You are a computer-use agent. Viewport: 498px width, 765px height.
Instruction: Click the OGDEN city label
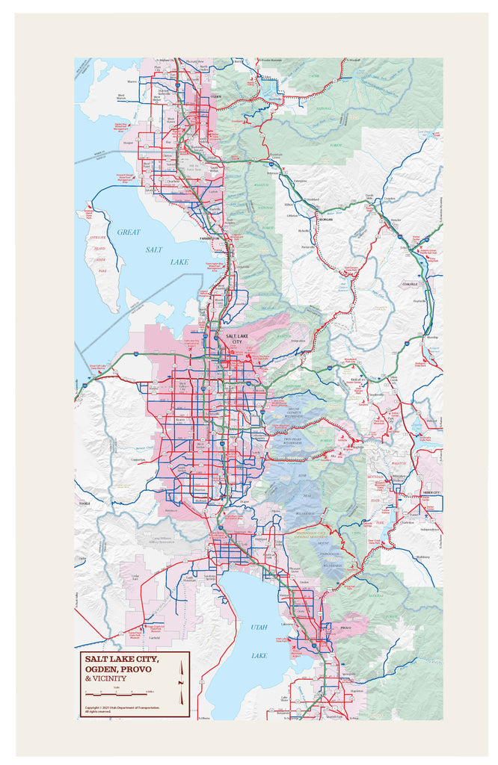pos(215,96)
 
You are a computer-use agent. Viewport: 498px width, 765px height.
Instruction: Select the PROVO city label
pos(345,629)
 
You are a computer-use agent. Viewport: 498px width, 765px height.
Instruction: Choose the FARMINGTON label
pos(212,238)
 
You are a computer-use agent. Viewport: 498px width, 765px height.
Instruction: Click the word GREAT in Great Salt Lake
pos(128,232)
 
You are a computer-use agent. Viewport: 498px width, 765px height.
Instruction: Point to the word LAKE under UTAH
pos(259,655)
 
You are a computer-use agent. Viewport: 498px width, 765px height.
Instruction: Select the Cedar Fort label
pos(135,576)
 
